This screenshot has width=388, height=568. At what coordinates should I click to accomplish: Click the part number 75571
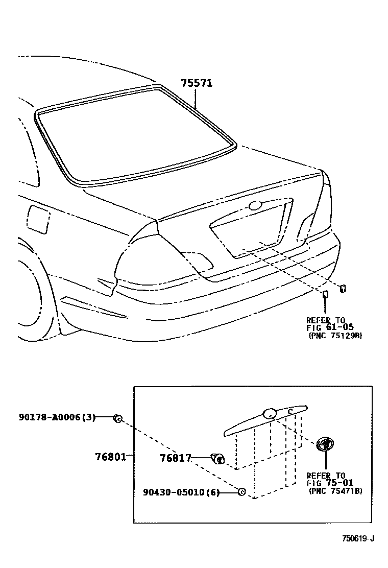tap(197, 83)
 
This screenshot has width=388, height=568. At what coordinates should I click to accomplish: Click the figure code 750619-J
tap(358, 538)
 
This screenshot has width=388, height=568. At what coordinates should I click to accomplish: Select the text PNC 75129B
tap(335, 336)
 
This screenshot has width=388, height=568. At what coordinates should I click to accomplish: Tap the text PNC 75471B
tap(335, 491)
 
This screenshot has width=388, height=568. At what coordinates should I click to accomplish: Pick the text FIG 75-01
tap(330, 482)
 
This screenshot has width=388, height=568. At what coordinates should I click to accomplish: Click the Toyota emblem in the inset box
tap(325, 444)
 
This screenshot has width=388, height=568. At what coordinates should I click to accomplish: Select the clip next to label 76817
tap(217, 458)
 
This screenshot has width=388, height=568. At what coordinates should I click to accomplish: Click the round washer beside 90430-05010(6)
tap(242, 492)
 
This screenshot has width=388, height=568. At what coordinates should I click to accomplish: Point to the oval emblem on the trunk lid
tap(254, 205)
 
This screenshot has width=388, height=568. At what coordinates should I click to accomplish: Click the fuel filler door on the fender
tap(39, 219)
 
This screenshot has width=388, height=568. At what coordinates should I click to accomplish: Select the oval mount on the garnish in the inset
tap(269, 414)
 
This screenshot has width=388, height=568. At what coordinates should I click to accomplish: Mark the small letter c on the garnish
tap(289, 411)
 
